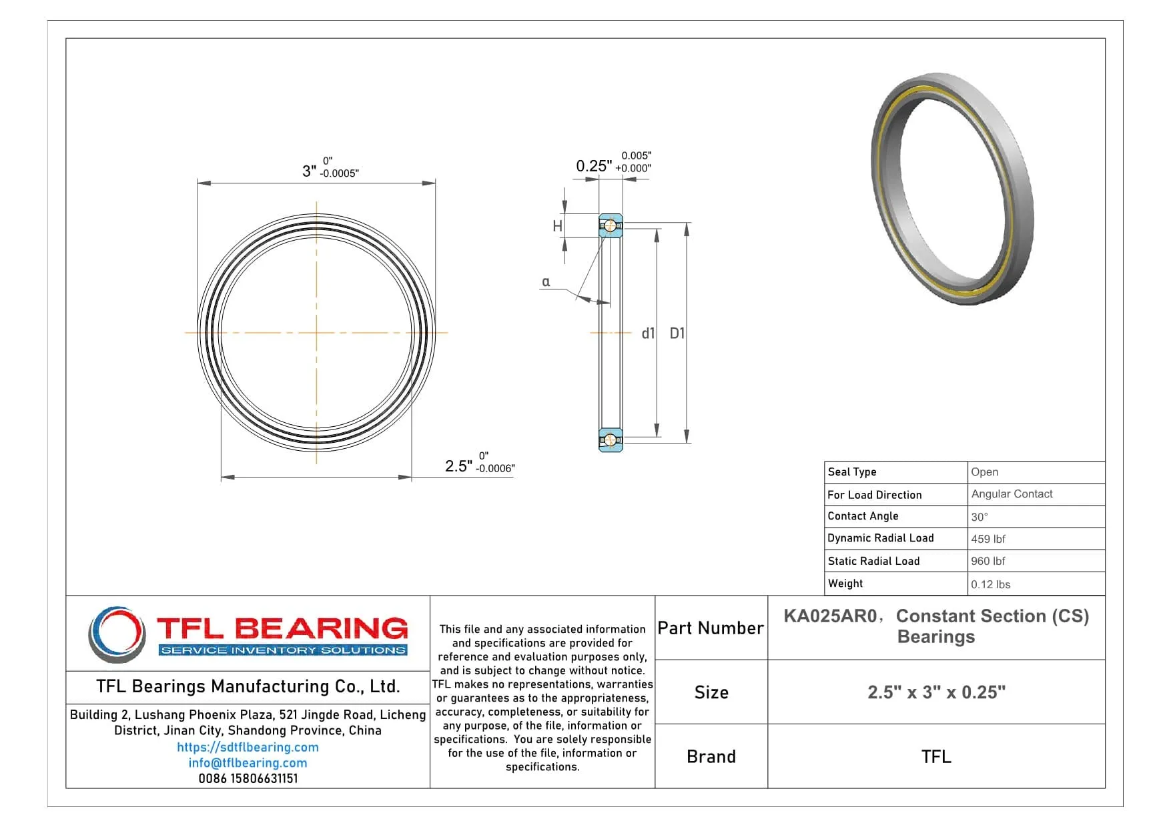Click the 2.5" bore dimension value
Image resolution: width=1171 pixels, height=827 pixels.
[458, 466]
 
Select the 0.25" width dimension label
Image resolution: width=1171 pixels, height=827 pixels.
[593, 166]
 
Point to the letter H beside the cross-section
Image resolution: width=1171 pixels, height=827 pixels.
[557, 227]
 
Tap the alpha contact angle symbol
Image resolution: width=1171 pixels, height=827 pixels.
[546, 281]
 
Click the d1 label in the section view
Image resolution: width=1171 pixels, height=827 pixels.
[648, 333]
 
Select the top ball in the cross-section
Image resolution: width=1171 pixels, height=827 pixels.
[610, 226]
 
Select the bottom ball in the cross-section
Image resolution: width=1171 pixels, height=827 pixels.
[610, 440]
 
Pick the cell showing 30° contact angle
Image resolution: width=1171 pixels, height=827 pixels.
[980, 517]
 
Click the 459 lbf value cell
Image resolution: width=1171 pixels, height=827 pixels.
[988, 539]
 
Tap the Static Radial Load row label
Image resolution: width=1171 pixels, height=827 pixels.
[873, 561]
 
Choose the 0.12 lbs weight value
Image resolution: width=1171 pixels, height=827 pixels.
[990, 584]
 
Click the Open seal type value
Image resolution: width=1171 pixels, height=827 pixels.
[984, 472]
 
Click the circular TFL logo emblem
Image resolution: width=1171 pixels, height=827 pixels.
[117, 634]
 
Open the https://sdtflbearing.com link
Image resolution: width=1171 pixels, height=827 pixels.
[248, 747]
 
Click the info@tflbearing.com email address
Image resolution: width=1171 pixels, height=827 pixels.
[248, 762]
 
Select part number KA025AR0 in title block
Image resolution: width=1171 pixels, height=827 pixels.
[830, 616]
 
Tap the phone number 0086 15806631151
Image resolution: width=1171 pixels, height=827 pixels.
[248, 778]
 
